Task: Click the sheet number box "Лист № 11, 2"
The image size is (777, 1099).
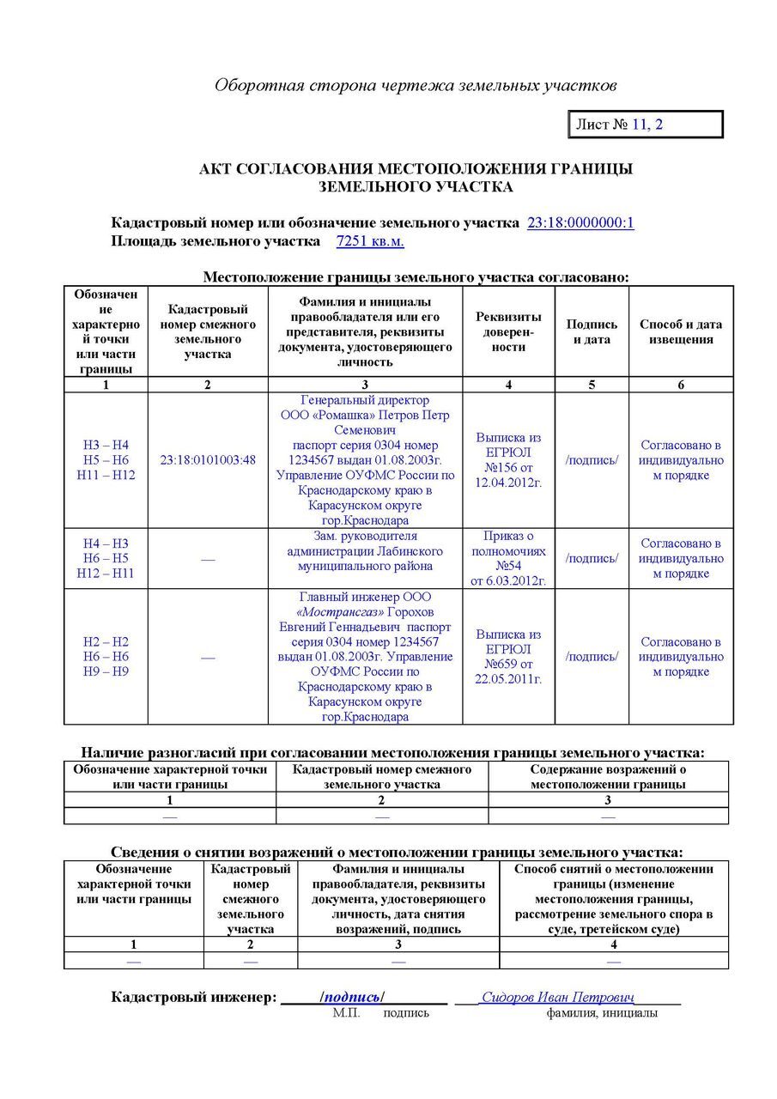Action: (645, 124)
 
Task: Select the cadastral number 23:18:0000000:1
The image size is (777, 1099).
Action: (580, 223)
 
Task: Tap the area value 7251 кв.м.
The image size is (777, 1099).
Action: (370, 241)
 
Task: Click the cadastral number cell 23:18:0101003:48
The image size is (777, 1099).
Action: (208, 460)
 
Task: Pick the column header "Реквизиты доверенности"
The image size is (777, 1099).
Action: (508, 331)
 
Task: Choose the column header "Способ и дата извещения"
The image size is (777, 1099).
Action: (681, 331)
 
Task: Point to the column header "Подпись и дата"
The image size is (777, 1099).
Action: (592, 331)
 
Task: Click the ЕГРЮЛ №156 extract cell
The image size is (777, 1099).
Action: (508, 460)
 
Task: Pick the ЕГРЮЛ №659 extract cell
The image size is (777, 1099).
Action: (508, 657)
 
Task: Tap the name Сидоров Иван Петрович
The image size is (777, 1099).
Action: (557, 997)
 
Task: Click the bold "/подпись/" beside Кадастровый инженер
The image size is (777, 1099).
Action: (352, 997)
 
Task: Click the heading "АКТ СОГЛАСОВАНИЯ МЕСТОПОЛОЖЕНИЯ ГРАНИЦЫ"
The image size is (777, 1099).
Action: (416, 169)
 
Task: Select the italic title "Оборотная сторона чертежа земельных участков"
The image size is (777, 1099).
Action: (416, 86)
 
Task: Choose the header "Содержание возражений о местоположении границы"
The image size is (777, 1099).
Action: (608, 777)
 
